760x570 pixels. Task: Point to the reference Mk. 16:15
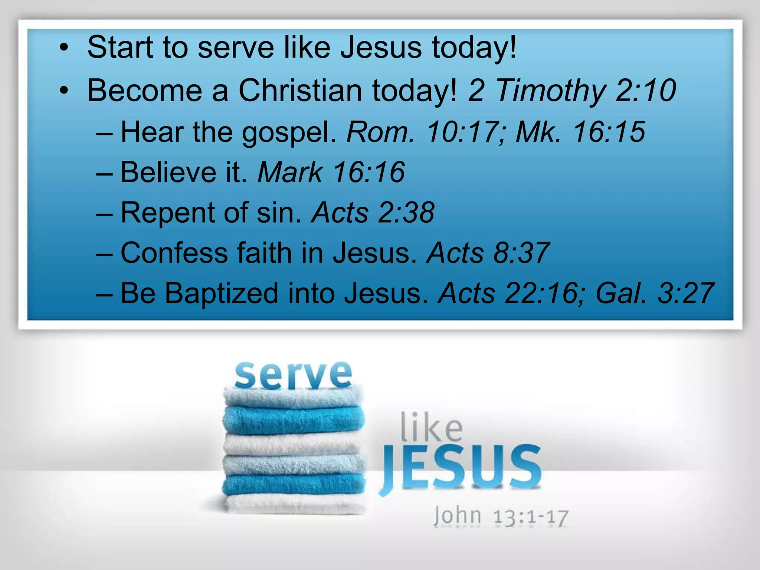click(580, 132)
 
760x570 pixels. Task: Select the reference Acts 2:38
click(373, 213)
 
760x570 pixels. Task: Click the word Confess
click(174, 253)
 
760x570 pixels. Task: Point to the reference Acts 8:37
click(488, 253)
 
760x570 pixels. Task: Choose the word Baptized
click(221, 294)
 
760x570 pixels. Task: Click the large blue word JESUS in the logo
click(460, 468)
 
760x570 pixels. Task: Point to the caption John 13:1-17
click(501, 516)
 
